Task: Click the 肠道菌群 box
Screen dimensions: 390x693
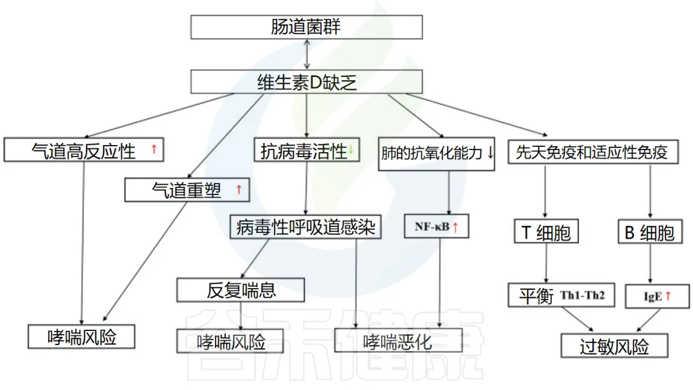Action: pos(307,27)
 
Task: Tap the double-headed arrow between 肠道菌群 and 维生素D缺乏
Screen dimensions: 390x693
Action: pos(307,55)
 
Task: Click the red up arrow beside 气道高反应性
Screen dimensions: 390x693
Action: pos(154,150)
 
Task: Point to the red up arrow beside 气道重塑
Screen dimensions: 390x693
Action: pos(239,189)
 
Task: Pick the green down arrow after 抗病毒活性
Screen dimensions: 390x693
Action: pos(351,151)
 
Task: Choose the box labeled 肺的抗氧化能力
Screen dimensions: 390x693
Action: pos(436,154)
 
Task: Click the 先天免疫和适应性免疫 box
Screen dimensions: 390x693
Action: pos(592,152)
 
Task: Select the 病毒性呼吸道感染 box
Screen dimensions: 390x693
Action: pos(305,227)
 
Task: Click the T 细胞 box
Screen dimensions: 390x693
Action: pos(545,232)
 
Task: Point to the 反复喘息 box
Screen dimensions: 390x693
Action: pos(241,290)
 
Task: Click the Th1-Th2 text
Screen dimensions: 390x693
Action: pos(583,296)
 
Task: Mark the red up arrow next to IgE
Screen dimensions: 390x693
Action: pos(667,296)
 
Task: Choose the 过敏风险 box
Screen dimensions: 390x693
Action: pos(614,347)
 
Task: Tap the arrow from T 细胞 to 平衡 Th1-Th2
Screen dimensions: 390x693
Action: pos(545,263)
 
